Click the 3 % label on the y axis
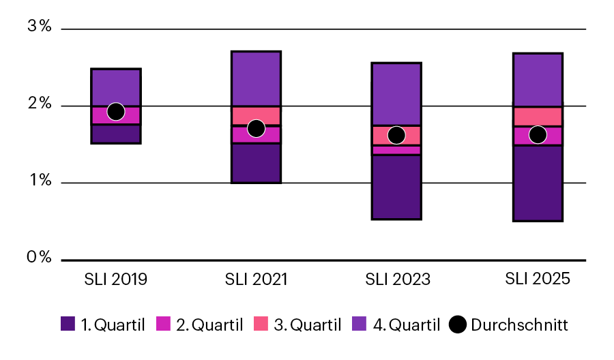pyautogui.click(x=39, y=27)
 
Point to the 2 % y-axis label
pyautogui.click(x=39, y=104)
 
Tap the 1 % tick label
pyautogui.click(x=39, y=181)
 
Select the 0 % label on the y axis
pyautogui.click(x=39, y=258)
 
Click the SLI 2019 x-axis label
pyautogui.click(x=115, y=279)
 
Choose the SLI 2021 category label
pyautogui.click(x=256, y=279)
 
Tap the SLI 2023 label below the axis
pyautogui.click(x=396, y=279)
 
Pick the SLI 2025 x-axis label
pyautogui.click(x=537, y=279)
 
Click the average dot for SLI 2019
pyautogui.click(x=116, y=111)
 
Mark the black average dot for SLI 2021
pyautogui.click(x=256, y=128)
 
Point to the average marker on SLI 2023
pyautogui.click(x=396, y=135)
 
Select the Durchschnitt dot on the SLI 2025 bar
pyautogui.click(x=538, y=134)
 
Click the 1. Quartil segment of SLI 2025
pyautogui.click(x=538, y=183)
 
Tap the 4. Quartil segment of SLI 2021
pyautogui.click(x=256, y=78)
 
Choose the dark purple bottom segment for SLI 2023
pyautogui.click(x=396, y=187)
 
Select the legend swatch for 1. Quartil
pyautogui.click(x=68, y=325)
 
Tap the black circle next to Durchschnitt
pyautogui.click(x=458, y=325)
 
